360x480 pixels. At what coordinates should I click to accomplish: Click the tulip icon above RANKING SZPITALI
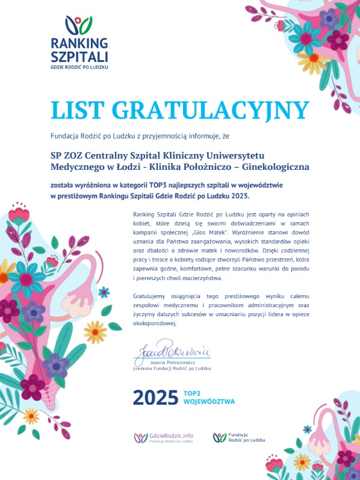coord(79,26)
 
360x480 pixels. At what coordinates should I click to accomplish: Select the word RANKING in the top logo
coord(79,43)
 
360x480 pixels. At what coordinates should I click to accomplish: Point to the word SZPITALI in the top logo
coord(79,57)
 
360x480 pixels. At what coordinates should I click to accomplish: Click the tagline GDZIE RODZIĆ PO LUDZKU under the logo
coord(79,66)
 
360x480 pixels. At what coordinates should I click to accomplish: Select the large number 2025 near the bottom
coord(155,397)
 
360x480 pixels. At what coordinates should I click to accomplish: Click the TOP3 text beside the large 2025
coord(191,393)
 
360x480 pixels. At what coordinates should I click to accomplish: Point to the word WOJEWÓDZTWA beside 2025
coord(209,401)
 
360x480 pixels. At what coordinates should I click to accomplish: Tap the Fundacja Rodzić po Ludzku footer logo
coord(237,437)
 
